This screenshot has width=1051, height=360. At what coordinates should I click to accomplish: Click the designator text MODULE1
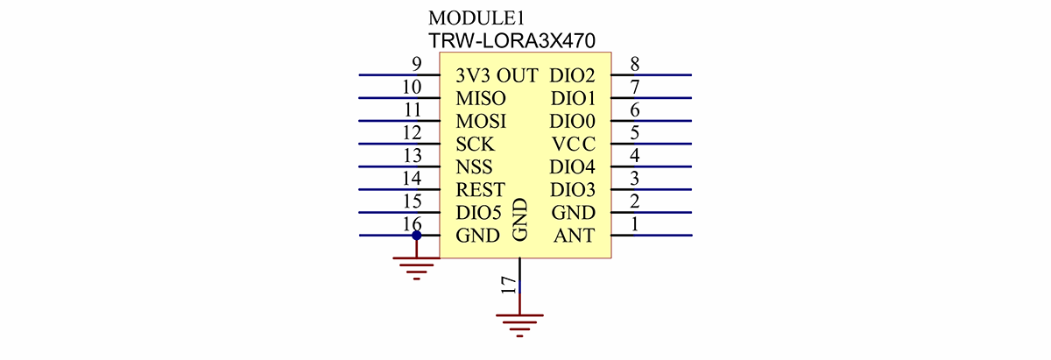click(476, 18)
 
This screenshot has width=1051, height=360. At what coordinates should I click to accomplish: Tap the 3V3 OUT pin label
click(497, 76)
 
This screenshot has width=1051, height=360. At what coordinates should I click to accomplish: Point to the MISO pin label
click(481, 99)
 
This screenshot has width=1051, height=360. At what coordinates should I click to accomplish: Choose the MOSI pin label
click(481, 122)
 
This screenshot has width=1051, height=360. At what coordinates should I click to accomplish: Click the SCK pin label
click(476, 145)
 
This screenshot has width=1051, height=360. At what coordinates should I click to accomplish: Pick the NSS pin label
click(474, 167)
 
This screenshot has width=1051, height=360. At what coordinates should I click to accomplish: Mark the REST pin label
click(480, 190)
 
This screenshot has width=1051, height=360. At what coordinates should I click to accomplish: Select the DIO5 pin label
click(478, 213)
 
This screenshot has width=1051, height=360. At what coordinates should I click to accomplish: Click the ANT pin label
click(574, 236)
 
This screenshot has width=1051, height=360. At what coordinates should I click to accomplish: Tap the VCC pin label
click(574, 145)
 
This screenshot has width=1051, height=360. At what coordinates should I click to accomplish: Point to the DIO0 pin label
click(573, 122)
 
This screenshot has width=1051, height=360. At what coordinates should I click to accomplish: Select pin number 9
click(417, 64)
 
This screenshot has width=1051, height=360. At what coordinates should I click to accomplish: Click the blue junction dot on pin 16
click(417, 236)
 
